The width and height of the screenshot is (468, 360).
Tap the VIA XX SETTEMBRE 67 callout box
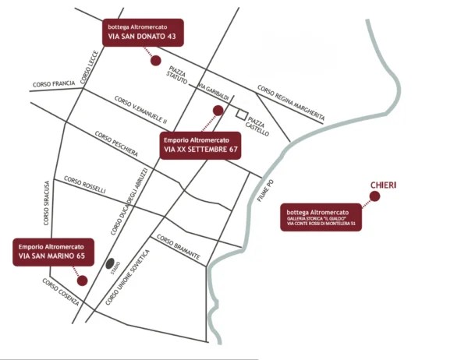tap(200, 145)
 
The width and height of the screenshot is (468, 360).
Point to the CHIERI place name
tap(382, 185)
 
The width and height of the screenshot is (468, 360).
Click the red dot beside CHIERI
tap(374, 196)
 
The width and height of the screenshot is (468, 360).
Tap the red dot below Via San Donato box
tap(155, 60)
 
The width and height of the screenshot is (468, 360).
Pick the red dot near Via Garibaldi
tap(218, 111)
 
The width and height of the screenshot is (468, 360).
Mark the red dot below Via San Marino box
tap(82, 278)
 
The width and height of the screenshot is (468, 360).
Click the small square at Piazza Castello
tap(242, 114)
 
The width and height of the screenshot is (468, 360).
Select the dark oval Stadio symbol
tap(110, 263)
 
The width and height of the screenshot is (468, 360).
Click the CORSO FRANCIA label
tap(54, 83)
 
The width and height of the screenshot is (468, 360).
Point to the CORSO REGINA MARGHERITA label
tap(290, 102)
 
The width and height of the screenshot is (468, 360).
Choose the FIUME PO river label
tap(265, 191)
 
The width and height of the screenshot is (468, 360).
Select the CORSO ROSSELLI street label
tap(85, 185)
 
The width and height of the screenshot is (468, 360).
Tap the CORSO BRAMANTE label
tap(179, 247)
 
